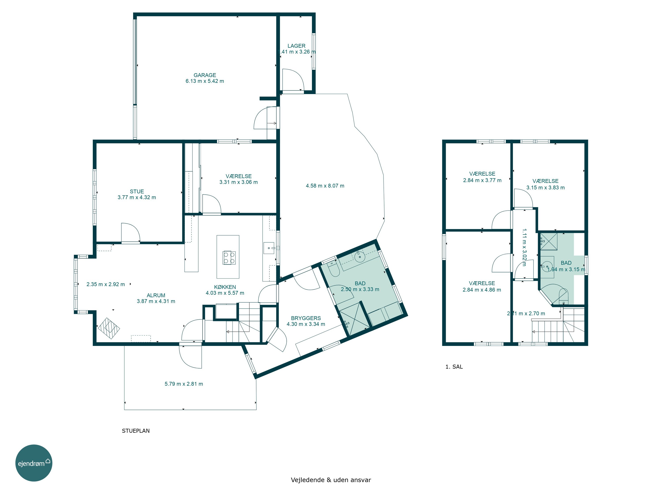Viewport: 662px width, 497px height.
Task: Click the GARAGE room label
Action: [205, 75]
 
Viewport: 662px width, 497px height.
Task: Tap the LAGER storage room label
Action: [296, 46]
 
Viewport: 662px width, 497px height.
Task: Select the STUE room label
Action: [137, 192]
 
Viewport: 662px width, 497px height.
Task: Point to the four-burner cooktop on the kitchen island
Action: [229, 258]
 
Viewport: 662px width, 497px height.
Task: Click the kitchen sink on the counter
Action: [269, 248]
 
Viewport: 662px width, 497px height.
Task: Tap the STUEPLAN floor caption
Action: [135, 431]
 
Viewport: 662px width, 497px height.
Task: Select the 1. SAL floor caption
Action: [454, 367]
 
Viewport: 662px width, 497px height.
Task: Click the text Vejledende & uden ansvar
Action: [331, 480]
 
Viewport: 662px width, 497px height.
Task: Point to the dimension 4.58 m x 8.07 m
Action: [325, 186]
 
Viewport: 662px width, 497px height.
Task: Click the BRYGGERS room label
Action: [306, 318]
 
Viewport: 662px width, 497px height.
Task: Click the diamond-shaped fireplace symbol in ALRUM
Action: [109, 328]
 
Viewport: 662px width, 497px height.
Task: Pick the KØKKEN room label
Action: [225, 287]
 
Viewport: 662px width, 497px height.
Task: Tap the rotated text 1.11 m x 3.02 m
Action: [524, 247]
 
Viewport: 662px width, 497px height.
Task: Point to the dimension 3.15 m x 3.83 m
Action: [545, 188]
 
